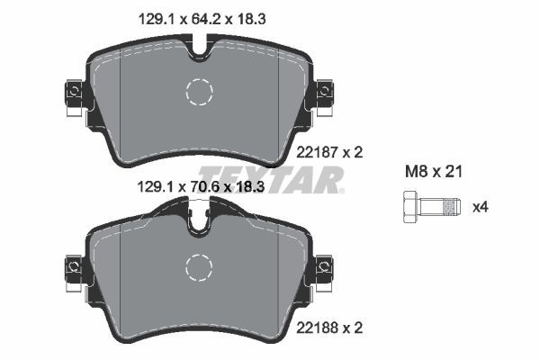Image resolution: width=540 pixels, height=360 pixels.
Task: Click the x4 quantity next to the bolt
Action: (x=481, y=207)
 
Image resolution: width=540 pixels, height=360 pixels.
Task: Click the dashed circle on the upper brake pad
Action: (x=198, y=91)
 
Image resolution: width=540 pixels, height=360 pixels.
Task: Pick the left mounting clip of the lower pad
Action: (x=72, y=266)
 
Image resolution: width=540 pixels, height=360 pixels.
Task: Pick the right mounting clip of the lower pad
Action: (x=323, y=266)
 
